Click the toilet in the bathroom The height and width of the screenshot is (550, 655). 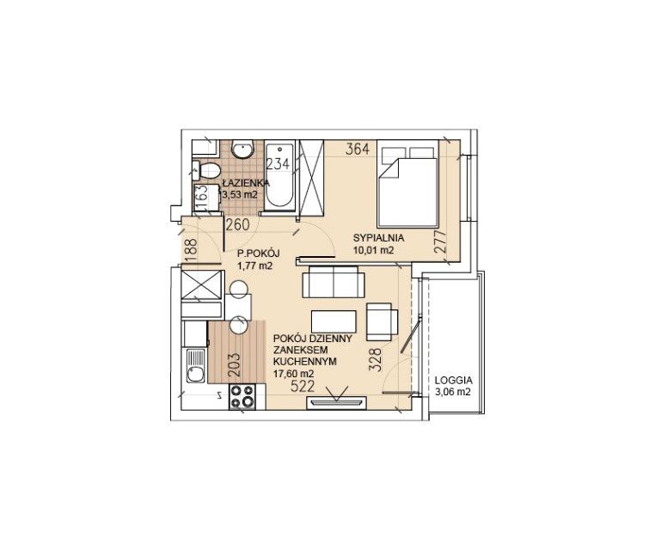(206, 170)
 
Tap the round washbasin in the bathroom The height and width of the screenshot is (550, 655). (242, 150)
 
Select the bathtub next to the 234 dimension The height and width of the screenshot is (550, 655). (280, 175)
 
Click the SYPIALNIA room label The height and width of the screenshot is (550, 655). (378, 238)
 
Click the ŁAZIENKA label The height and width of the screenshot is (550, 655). (246, 183)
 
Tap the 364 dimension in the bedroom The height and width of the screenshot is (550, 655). (358, 149)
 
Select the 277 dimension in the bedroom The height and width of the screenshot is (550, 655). (440, 241)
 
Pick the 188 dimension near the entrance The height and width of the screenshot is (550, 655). (191, 250)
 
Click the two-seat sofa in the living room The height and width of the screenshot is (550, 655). (334, 281)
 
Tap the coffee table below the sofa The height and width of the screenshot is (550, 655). (334, 321)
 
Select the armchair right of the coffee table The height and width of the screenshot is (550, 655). (382, 321)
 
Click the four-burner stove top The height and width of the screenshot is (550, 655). (242, 396)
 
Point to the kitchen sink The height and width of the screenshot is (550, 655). (196, 366)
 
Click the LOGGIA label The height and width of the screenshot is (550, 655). (454, 381)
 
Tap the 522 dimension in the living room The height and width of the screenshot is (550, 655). (303, 387)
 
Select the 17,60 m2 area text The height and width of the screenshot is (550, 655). (294, 374)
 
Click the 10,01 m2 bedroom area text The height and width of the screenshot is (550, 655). (373, 250)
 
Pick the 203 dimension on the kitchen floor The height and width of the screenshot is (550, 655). (235, 365)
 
